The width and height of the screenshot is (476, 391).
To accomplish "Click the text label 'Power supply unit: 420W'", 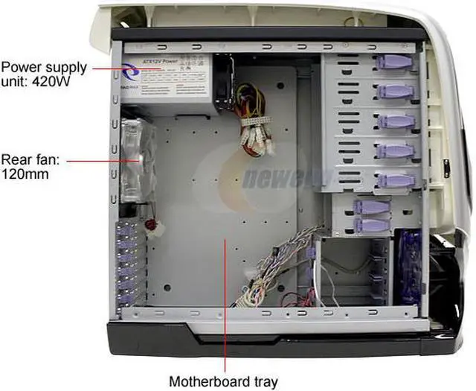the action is click(44, 74).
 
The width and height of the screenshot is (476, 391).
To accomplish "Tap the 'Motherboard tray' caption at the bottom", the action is click(223, 381).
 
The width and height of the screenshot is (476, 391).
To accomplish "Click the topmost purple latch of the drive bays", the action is click(393, 63).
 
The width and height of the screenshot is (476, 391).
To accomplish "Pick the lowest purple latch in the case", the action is click(370, 224).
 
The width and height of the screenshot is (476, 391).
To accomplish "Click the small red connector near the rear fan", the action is click(151, 223).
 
